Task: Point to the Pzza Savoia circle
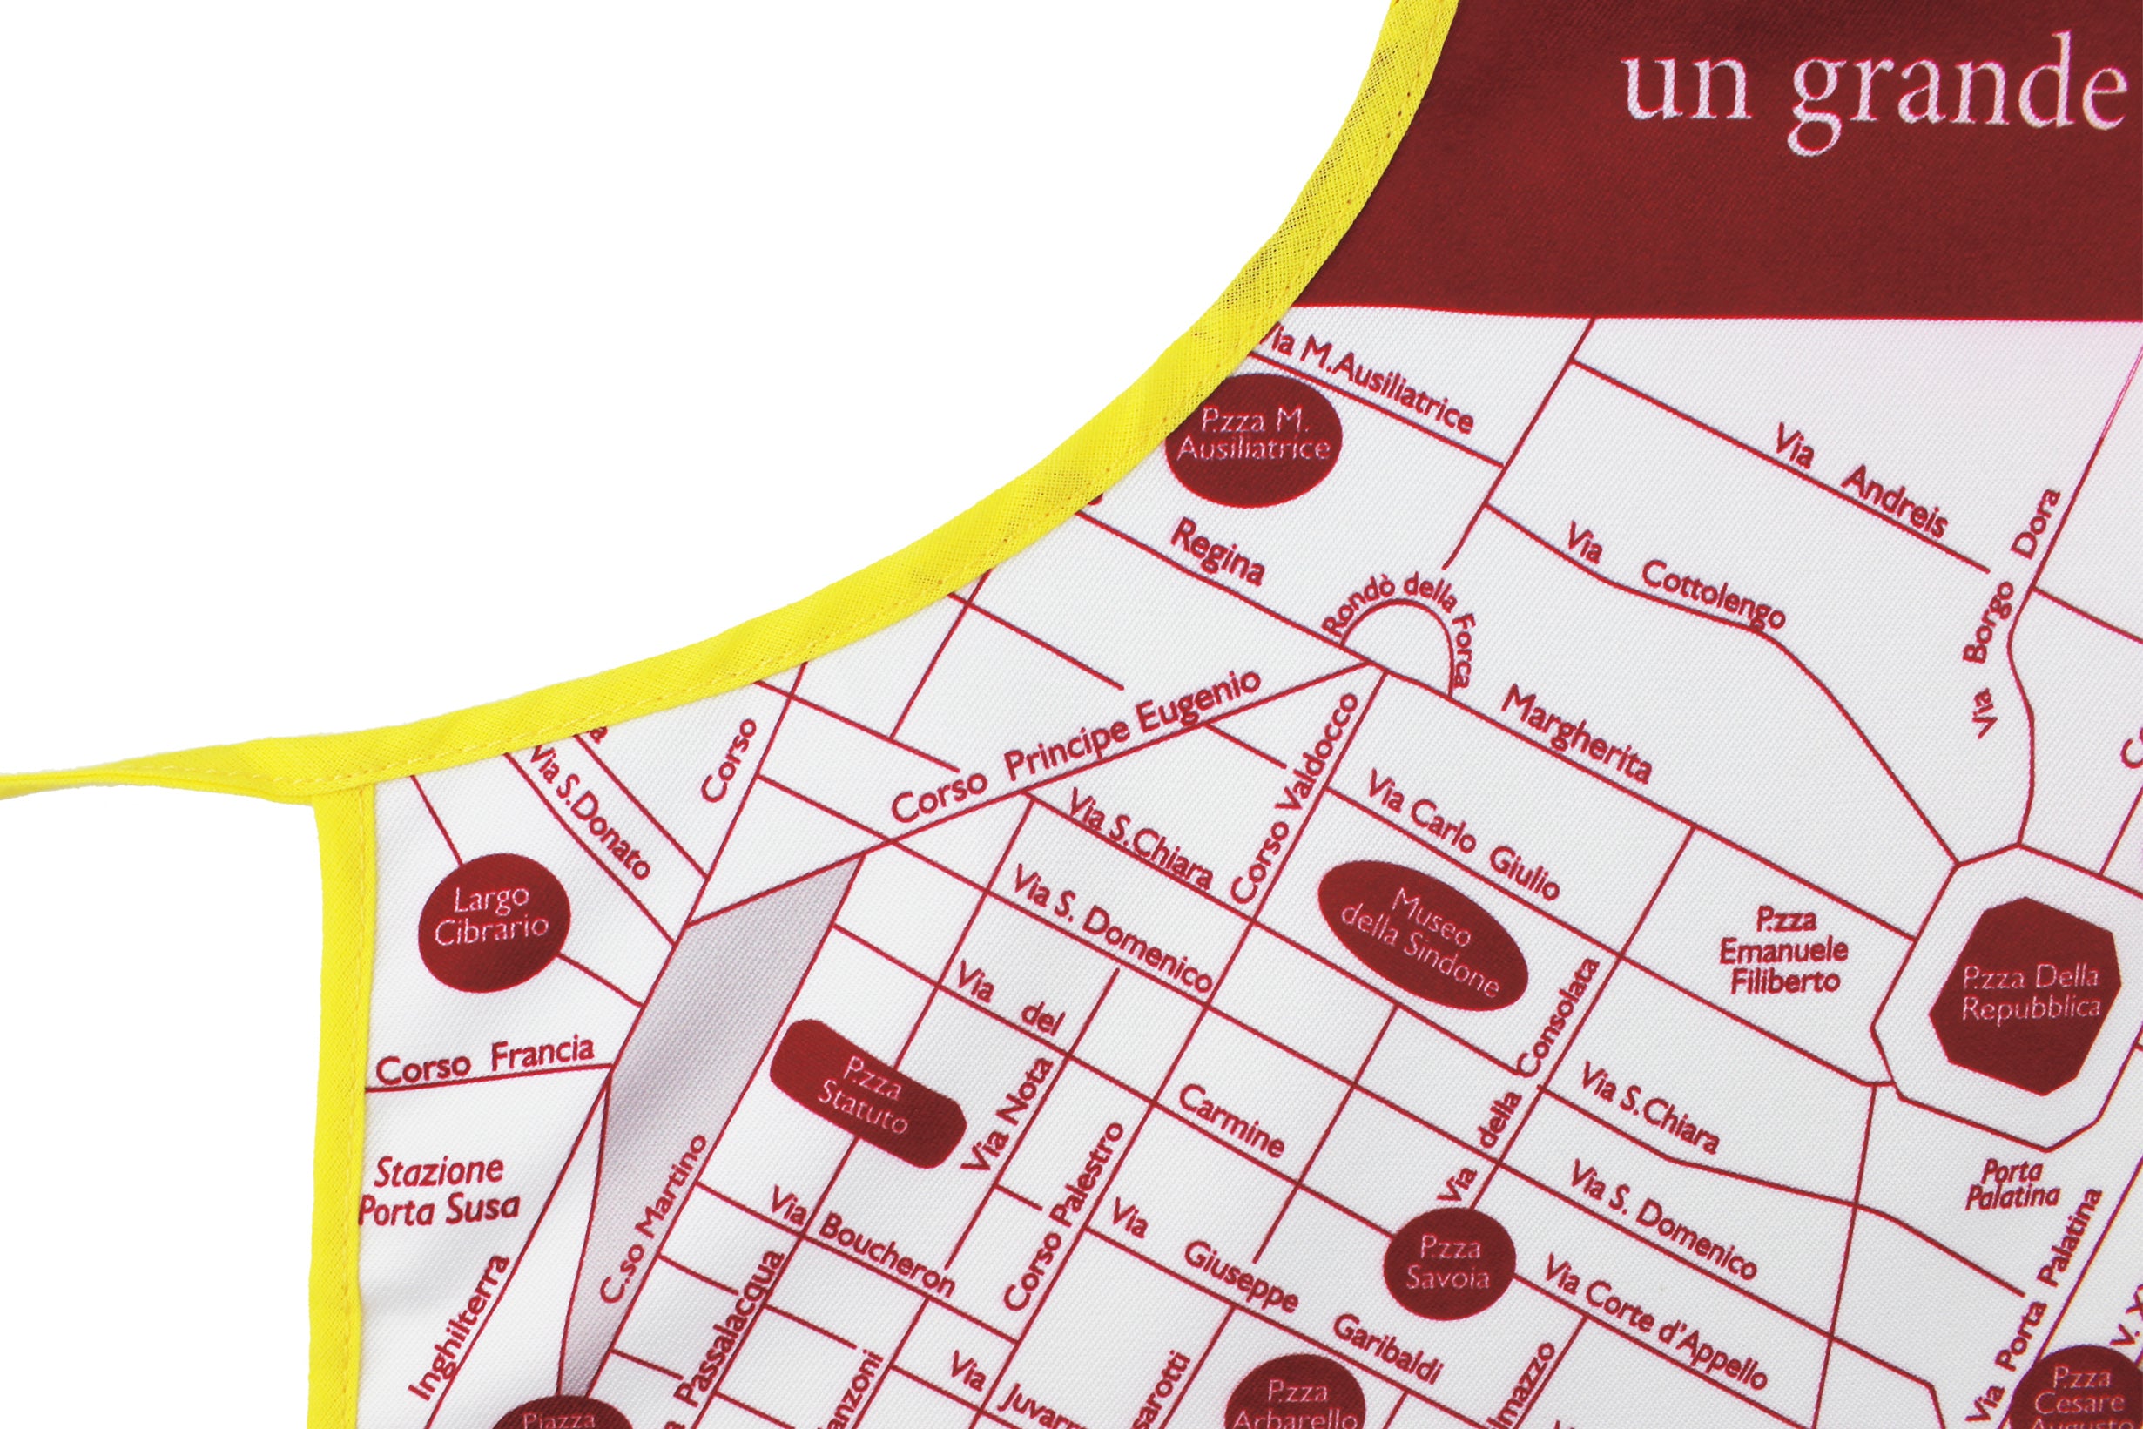(x=1449, y=1262)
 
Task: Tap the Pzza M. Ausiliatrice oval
(x=1254, y=435)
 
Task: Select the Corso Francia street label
(x=485, y=1062)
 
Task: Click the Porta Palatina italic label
(x=2012, y=1185)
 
